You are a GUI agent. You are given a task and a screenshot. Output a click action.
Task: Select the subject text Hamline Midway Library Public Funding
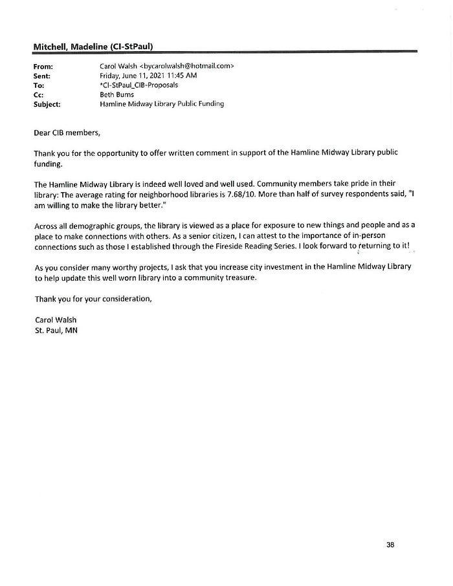162,103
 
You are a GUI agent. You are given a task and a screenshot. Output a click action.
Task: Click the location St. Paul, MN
56,329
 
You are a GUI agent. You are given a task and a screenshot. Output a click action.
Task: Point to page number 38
390,545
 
